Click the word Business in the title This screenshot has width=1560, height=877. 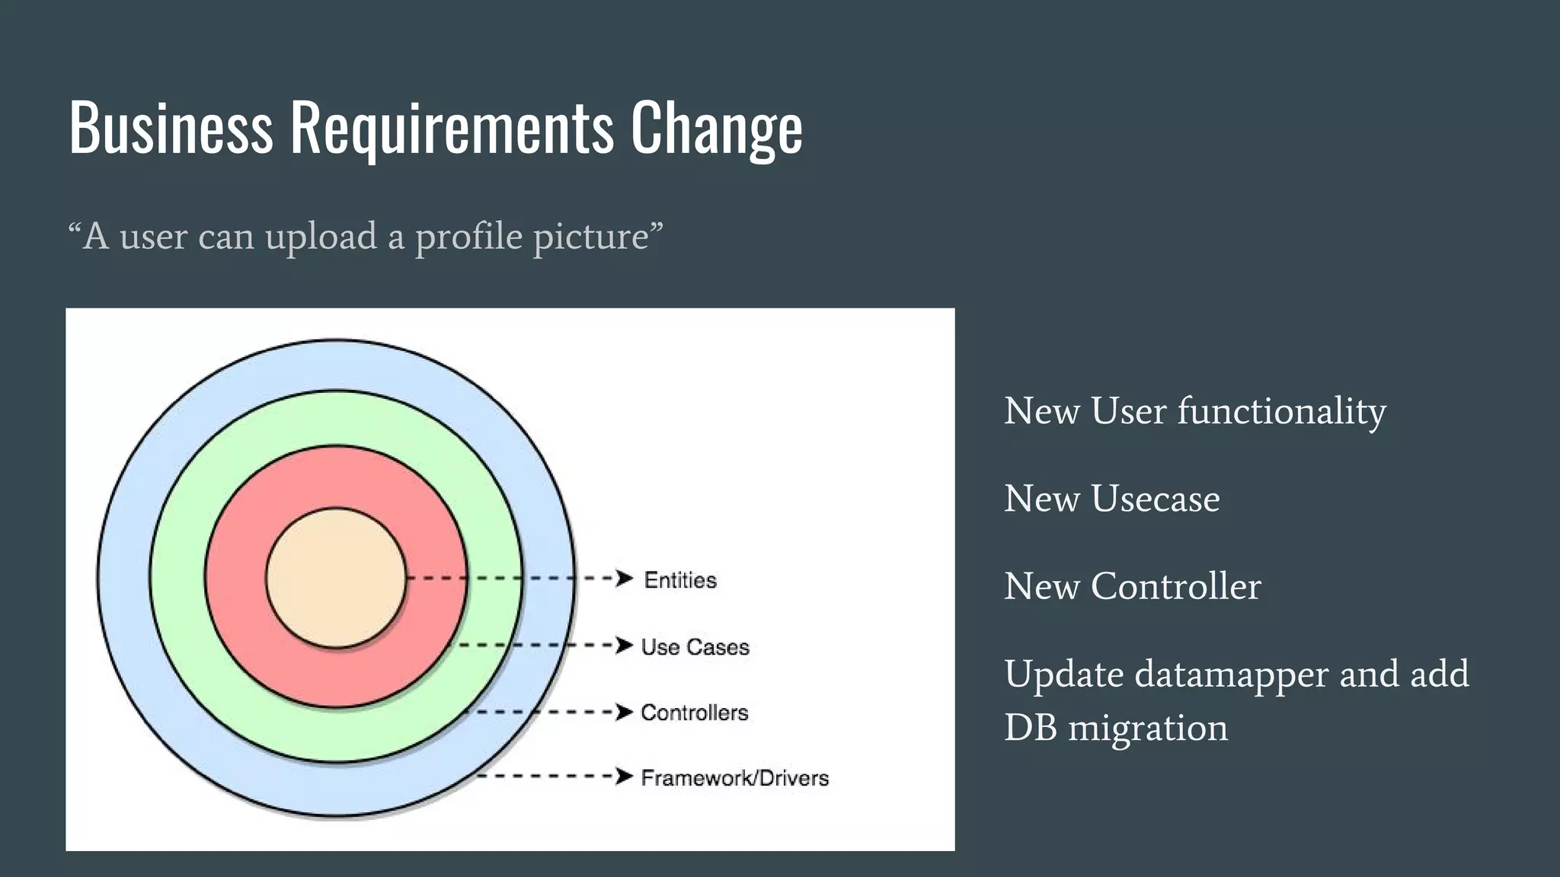pyautogui.click(x=171, y=127)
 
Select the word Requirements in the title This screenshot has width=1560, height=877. pyautogui.click(x=451, y=127)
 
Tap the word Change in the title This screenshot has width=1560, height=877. pyautogui.click(x=716, y=127)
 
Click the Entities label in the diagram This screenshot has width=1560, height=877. pyautogui.click(x=680, y=580)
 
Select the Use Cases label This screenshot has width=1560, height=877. pyautogui.click(x=695, y=647)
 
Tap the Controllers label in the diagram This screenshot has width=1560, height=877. pyautogui.click(x=694, y=713)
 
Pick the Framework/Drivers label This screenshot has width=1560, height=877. pyautogui.click(x=734, y=778)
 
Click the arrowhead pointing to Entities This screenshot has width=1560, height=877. pyautogui.click(x=625, y=579)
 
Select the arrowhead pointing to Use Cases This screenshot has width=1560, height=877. pyautogui.click(x=625, y=646)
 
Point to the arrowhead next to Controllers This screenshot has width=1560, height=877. pyautogui.click(x=625, y=712)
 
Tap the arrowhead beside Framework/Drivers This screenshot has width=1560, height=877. pyautogui.click(x=625, y=777)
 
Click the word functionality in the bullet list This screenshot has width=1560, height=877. pyautogui.click(x=1281, y=412)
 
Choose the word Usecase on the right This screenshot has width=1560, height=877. pyautogui.click(x=1155, y=499)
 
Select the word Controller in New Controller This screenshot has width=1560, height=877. pyautogui.click(x=1175, y=587)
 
